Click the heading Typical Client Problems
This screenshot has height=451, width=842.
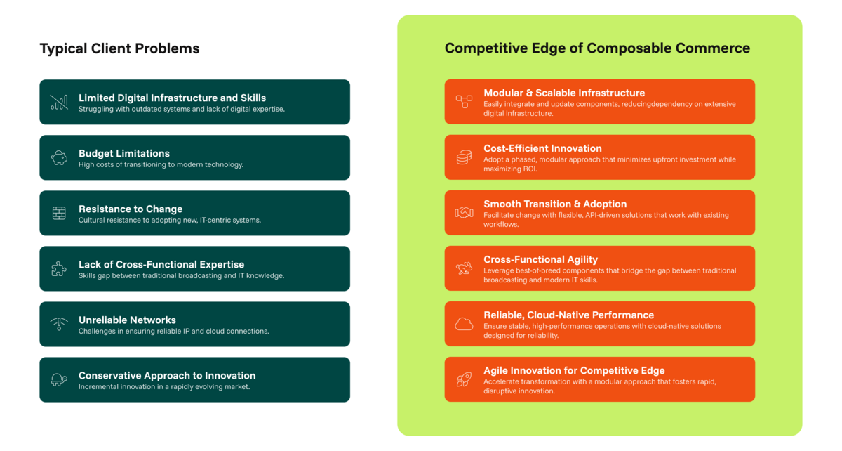click(119, 48)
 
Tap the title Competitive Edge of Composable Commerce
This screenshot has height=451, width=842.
click(597, 48)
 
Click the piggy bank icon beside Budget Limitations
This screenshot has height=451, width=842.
click(59, 158)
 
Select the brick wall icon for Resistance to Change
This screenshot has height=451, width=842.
click(59, 213)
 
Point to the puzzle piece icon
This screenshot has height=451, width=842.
click(59, 269)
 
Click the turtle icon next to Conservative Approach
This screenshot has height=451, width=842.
click(59, 379)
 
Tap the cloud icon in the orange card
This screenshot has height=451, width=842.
click(465, 324)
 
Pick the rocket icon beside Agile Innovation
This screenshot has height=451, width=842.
click(465, 379)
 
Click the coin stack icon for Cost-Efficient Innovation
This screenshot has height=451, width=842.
click(465, 157)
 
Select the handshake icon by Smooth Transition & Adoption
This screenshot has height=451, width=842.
click(465, 213)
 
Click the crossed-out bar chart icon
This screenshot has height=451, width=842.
click(59, 102)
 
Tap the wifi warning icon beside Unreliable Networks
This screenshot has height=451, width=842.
click(59, 324)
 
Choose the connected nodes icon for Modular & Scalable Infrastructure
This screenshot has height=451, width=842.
click(465, 102)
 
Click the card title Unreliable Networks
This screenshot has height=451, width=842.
click(127, 320)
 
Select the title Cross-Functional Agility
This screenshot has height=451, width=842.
click(540, 259)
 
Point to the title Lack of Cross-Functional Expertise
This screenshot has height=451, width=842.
click(161, 265)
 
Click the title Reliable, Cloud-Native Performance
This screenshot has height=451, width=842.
click(569, 315)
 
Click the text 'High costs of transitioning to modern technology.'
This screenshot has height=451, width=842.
click(161, 164)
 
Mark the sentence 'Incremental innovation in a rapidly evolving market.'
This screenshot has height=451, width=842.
click(164, 386)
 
